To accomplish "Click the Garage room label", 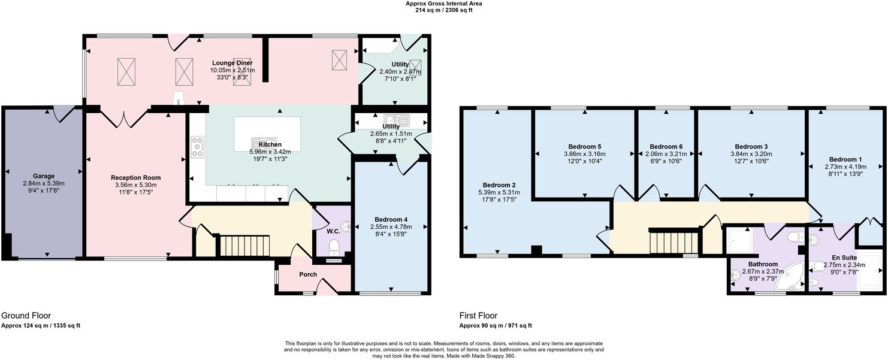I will [44, 176].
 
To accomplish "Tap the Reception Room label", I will [136, 178].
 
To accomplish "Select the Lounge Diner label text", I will [232, 63].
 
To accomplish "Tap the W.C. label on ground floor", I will [333, 231].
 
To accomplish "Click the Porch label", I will [308, 274].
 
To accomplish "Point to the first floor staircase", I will [675, 243].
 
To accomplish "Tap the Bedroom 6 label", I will [666, 147].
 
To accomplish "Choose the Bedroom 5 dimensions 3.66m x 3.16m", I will [584, 154].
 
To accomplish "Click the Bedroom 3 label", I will [751, 147].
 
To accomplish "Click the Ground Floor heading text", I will [26, 315].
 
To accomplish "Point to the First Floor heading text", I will [478, 315].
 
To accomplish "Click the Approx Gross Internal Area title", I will [443, 4].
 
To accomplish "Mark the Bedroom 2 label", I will [499, 185].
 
